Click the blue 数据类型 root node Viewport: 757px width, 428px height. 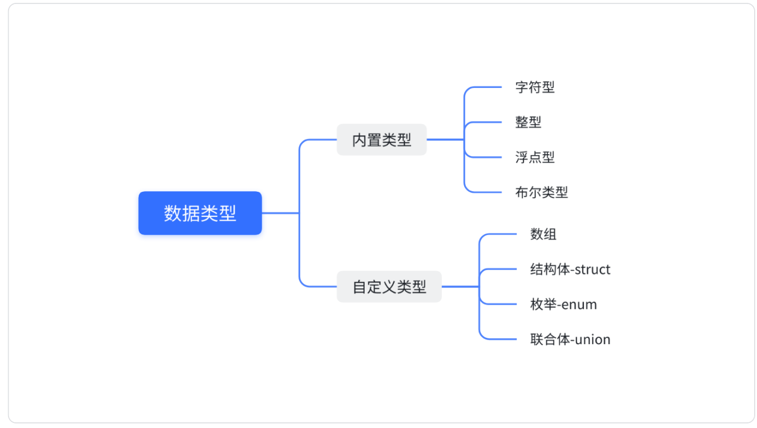coord(200,213)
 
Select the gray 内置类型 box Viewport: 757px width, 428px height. coord(381,139)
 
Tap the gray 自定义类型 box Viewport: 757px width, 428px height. coord(389,286)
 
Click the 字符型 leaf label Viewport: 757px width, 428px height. coord(535,87)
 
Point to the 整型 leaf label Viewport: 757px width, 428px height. coord(528,122)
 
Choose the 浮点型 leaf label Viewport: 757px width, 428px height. coord(535,158)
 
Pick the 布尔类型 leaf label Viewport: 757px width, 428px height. coord(541,192)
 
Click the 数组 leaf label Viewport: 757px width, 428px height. coord(543,234)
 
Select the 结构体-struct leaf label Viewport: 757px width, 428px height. coord(570,269)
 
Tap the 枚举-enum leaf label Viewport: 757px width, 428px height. coord(563,304)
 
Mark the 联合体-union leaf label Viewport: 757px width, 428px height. coord(570,340)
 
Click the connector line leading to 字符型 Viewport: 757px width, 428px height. coord(485,87)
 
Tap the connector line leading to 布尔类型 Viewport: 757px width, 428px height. coord(485,192)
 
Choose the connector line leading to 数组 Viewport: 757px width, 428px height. coord(500,234)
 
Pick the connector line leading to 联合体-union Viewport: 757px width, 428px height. coord(500,340)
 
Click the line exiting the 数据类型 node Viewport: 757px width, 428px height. coord(280,213)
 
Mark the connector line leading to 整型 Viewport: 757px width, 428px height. coord(485,122)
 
